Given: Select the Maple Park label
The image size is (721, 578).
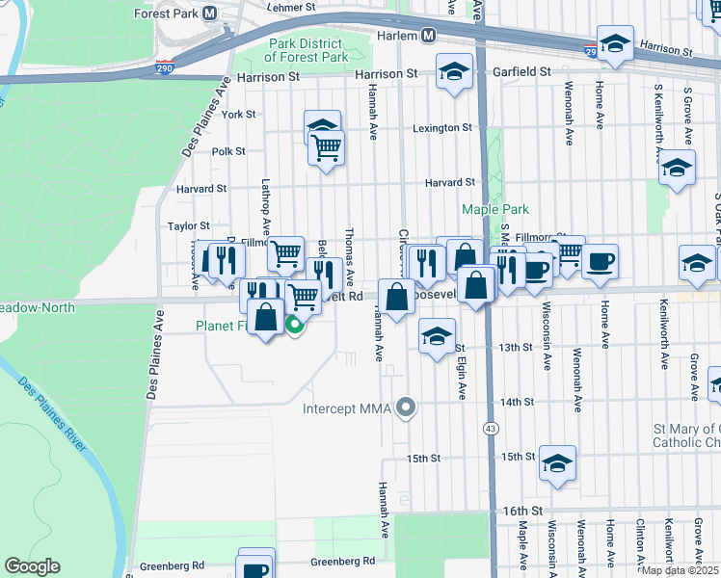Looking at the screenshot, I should [x=495, y=209].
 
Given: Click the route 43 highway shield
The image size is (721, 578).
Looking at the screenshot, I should [x=491, y=429].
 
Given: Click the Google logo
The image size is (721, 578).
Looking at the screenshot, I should [x=32, y=566].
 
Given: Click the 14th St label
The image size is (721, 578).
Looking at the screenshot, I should [x=517, y=402].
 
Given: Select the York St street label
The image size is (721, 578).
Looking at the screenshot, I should [x=237, y=114].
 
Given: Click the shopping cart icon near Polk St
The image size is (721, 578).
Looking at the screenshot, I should [x=327, y=148].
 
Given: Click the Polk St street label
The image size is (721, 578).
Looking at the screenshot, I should [x=228, y=151].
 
